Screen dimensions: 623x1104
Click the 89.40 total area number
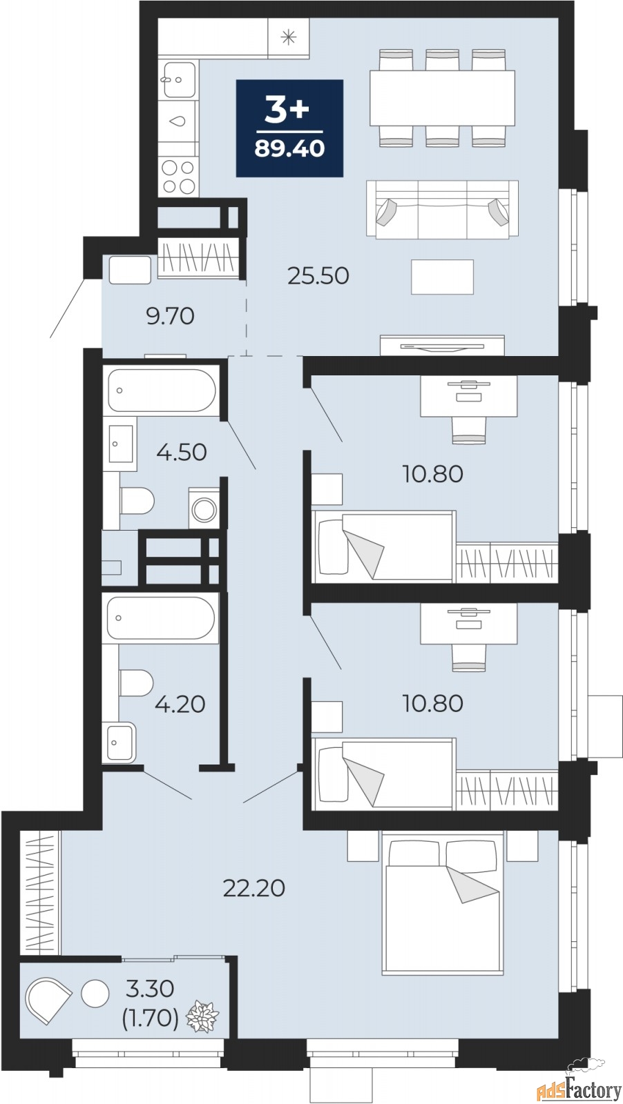pos(289,148)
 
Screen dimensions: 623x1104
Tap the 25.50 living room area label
pos(318,275)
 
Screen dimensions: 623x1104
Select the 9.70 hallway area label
pos(170,316)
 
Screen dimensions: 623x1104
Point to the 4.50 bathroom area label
pos(182,452)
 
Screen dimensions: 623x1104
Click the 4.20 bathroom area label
pos(180,704)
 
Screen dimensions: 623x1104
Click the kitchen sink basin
pos(179,80)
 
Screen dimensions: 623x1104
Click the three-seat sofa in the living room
pos(443,209)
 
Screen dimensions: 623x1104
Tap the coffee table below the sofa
pos(443,277)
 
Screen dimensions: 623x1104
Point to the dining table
pos(443,97)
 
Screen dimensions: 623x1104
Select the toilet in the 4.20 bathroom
pos(137,682)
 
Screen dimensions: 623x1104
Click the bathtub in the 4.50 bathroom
pos(162,391)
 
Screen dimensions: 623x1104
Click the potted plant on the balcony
pos(202,1015)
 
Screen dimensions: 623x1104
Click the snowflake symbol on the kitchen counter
pos(288,38)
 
